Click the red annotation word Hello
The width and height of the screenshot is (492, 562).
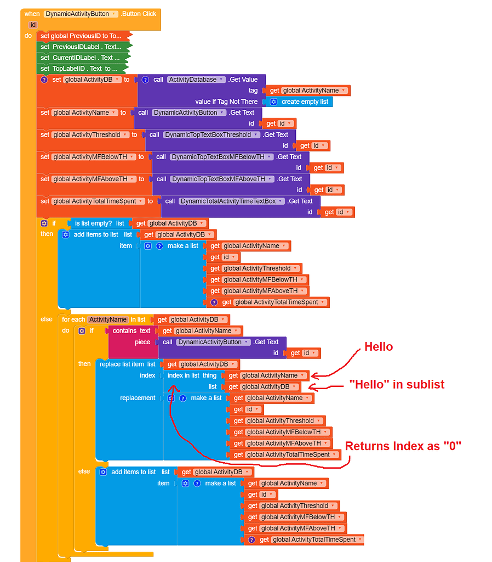[x=379, y=347]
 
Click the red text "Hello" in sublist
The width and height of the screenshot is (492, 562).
[x=397, y=384]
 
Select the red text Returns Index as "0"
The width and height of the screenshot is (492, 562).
[x=403, y=446]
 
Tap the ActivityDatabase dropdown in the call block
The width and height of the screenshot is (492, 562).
[x=196, y=80]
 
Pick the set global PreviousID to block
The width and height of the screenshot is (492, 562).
[x=81, y=36]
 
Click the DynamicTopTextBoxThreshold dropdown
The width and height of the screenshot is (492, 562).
[x=210, y=134]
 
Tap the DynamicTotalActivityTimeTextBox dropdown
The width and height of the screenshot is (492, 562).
[x=230, y=201]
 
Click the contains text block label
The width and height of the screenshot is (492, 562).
[x=131, y=330]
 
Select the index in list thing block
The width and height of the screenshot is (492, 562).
[x=192, y=375]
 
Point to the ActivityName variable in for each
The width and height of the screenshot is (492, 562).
[x=108, y=319]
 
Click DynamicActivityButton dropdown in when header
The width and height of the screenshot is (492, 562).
[x=81, y=14]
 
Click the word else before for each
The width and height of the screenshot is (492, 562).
[x=47, y=319]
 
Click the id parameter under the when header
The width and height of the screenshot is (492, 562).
[x=33, y=25]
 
